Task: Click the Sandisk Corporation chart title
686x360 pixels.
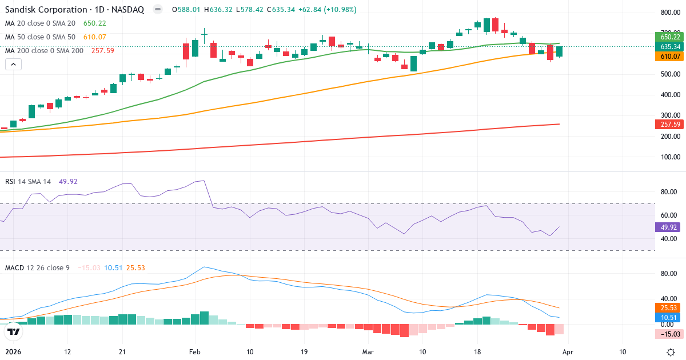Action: coord(74,10)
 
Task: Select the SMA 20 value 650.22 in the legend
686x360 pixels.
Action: coord(95,23)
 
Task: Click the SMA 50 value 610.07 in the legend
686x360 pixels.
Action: coord(95,37)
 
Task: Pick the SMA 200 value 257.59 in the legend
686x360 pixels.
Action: coord(103,51)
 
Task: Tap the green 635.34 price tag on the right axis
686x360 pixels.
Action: coord(669,47)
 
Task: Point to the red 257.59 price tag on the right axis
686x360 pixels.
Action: coord(669,125)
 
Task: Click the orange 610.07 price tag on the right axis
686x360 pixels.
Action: coord(669,57)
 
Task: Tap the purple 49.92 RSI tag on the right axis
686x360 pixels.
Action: coord(669,227)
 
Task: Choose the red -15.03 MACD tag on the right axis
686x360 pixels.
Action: coord(669,334)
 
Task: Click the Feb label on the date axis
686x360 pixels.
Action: coord(195,352)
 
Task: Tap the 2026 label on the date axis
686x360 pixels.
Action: coord(13,352)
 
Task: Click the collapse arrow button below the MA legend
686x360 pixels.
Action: coord(13,64)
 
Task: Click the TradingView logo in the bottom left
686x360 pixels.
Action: coord(14,331)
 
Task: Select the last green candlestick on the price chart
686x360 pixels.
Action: coord(559,51)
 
